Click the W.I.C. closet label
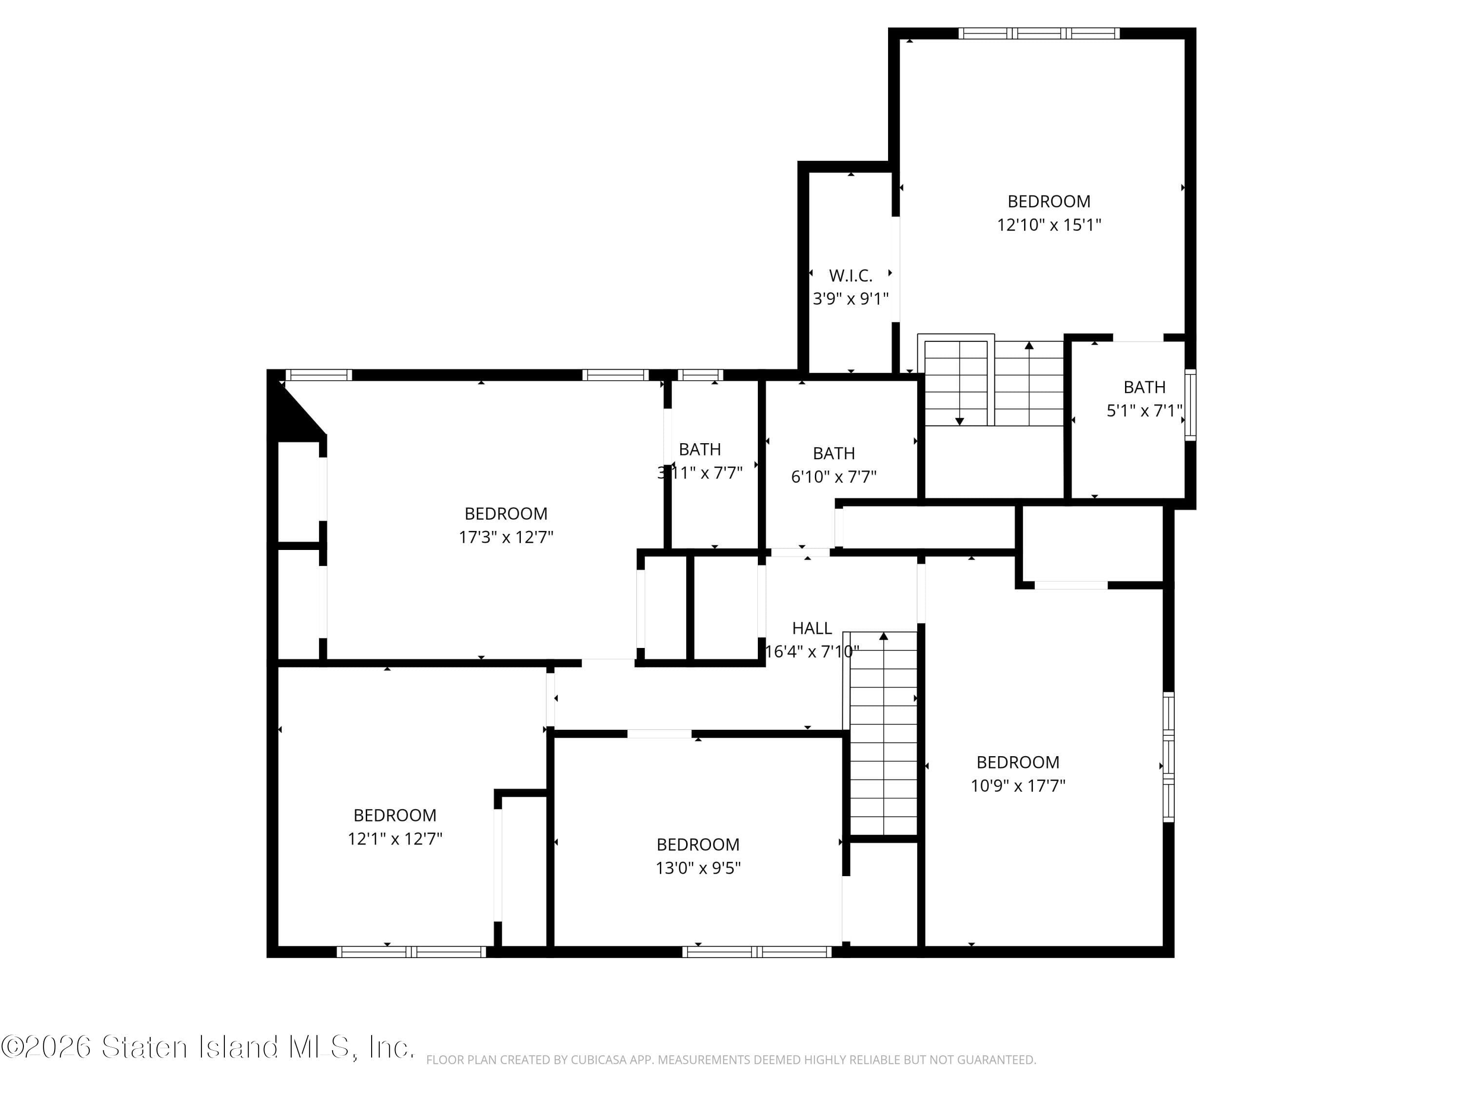pyautogui.click(x=850, y=275)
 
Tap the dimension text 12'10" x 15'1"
pyautogui.click(x=1049, y=225)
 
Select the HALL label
pyautogui.click(x=811, y=628)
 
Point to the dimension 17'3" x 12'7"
pyautogui.click(x=506, y=537)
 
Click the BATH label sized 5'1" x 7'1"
pyautogui.click(x=1144, y=387)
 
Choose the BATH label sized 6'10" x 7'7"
pyautogui.click(x=833, y=453)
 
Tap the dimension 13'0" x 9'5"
pyautogui.click(x=698, y=867)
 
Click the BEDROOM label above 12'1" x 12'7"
pyautogui.click(x=395, y=815)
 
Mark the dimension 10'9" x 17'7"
pyautogui.click(x=1018, y=785)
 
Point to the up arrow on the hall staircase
pyautogui.click(x=884, y=637)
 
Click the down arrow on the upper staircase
pyautogui.click(x=960, y=421)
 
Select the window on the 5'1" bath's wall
pyautogui.click(x=1190, y=405)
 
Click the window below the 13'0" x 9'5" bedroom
pyautogui.click(x=757, y=952)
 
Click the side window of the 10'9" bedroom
pyautogui.click(x=1168, y=757)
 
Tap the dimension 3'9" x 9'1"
pyautogui.click(x=850, y=299)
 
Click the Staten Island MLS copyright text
pyautogui.click(x=208, y=1047)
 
